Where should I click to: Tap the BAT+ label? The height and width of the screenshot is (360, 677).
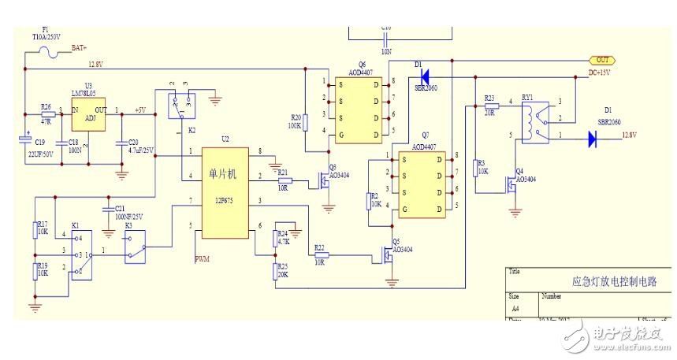pos(79,47)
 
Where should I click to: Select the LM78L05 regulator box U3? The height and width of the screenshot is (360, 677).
pos(88,117)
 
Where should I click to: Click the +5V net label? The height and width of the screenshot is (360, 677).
pos(140,110)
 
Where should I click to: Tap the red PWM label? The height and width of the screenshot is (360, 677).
pos(202,258)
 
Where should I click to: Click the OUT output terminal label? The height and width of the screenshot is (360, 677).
pos(602,60)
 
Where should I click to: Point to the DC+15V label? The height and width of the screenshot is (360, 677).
pos(600,72)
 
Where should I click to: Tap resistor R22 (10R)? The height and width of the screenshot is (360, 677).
pos(319,255)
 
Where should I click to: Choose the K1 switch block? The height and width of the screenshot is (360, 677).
pos(81,254)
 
